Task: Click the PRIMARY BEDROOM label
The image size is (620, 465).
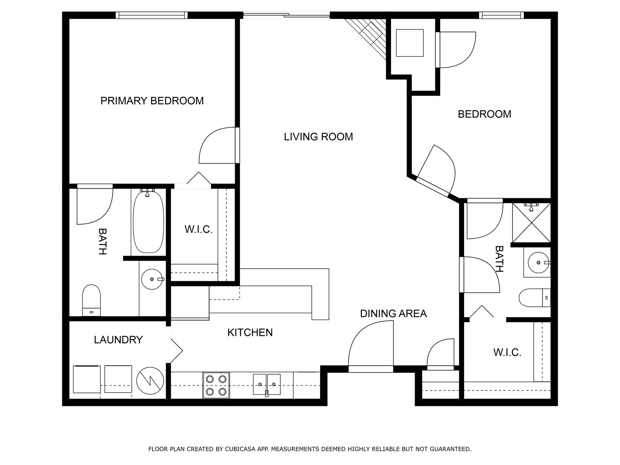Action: point(152,101)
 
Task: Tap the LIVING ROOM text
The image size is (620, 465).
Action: point(318,137)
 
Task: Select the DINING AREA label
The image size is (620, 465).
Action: point(393,314)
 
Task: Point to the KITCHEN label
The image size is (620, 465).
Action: point(250,332)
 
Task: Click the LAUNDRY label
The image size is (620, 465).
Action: point(118,340)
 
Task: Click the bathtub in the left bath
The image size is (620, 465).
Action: point(148,223)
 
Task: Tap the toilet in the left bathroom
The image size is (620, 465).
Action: point(91,300)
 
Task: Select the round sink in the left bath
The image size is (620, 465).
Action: point(152,279)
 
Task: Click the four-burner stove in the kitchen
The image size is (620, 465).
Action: point(216,385)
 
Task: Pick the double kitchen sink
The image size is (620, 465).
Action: point(267,384)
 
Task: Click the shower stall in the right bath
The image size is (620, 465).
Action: point(531,222)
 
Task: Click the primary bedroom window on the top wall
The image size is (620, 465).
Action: point(152,15)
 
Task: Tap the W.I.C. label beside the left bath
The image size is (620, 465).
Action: point(198,229)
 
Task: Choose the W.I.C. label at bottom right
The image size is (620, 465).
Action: point(507,352)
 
